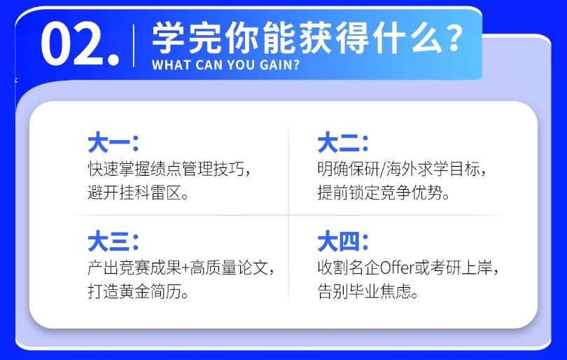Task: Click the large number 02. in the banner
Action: (x=80, y=43)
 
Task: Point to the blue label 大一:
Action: (x=113, y=143)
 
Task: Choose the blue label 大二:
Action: (x=343, y=143)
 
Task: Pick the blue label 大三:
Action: (x=113, y=242)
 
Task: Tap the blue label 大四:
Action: (x=343, y=242)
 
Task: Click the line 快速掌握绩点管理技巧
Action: (x=166, y=169)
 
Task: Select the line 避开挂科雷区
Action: (x=134, y=192)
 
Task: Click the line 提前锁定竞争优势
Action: (x=379, y=192)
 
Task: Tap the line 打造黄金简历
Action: (x=134, y=291)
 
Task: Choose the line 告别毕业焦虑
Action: (x=364, y=291)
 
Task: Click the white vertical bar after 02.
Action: (x=134, y=46)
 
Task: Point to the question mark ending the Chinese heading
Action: (x=454, y=38)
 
